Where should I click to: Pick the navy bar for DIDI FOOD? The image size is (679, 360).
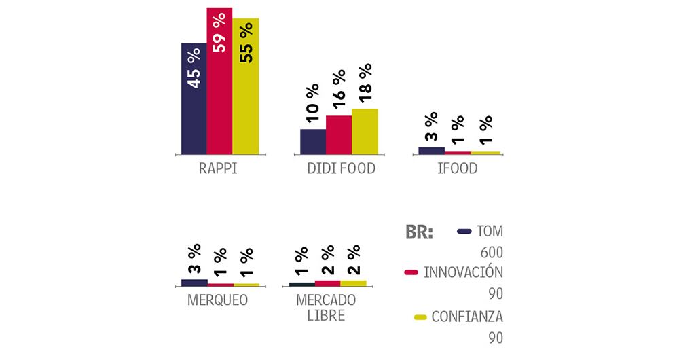tap(313, 141)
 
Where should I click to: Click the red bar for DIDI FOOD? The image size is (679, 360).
tap(339, 134)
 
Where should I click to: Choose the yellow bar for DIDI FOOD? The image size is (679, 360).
tap(365, 131)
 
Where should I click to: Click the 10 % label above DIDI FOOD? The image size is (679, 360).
tap(312, 104)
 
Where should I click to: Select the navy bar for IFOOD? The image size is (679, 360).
tap(431, 150)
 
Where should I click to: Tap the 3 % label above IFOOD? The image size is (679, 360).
tap(431, 126)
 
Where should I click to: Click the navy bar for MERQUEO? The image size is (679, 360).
tap(195, 282)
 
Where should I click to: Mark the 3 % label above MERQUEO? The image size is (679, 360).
tap(194, 259)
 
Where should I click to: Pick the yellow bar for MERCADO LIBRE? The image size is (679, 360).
tap(353, 283)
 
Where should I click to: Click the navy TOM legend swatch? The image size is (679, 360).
tap(464, 231)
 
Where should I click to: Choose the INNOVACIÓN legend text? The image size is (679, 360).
tap(463, 273)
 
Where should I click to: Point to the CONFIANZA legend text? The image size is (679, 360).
tap(467, 317)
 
